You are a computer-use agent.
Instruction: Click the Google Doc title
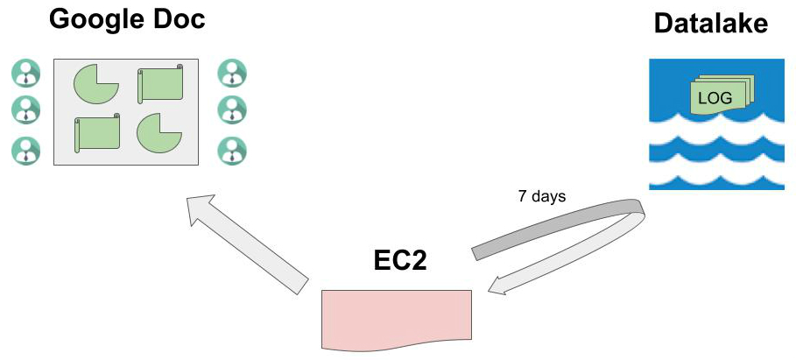point(128,19)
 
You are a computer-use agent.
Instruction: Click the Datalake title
point(711,24)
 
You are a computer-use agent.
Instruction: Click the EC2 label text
point(400,261)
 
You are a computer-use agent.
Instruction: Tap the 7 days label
point(541,196)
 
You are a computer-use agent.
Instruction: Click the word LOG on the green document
point(715,96)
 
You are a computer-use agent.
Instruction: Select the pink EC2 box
point(396,317)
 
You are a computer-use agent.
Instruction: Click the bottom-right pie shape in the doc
point(158,132)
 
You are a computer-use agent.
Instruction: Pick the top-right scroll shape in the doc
point(161,84)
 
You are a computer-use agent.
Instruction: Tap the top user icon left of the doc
point(26,73)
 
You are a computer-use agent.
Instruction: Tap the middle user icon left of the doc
point(26,110)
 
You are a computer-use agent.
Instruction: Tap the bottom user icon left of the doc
point(26,151)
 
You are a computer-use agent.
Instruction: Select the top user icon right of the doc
point(231,73)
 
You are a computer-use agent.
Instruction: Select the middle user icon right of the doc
point(231,110)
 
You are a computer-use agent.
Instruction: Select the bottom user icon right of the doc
point(231,151)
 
